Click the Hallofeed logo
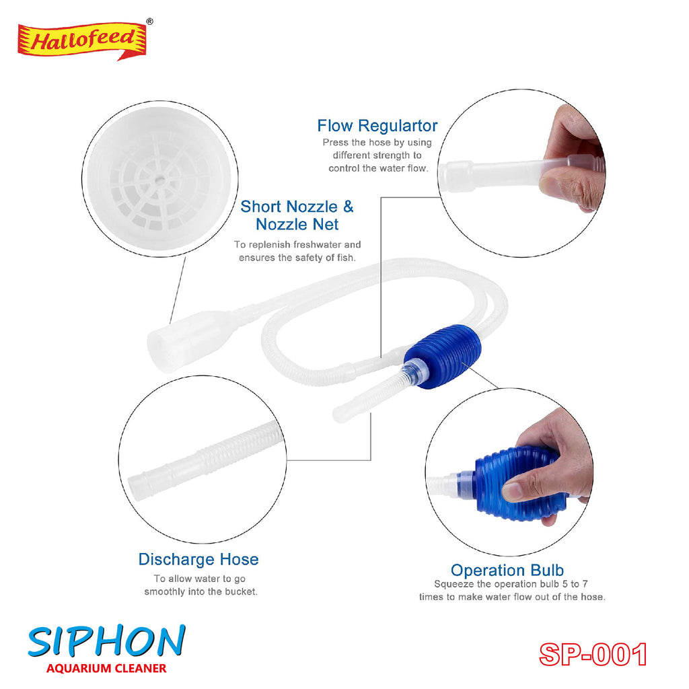(x=82, y=41)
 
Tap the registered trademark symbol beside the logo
(x=150, y=21)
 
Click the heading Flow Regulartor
(x=377, y=126)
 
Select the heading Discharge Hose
(x=198, y=559)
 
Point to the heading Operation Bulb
(x=507, y=570)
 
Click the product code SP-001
(x=593, y=655)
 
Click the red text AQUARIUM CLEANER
(x=106, y=669)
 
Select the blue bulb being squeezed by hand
(x=519, y=483)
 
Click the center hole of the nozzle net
(x=160, y=179)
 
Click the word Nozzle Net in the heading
(x=297, y=225)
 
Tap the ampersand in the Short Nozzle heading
(x=348, y=207)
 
